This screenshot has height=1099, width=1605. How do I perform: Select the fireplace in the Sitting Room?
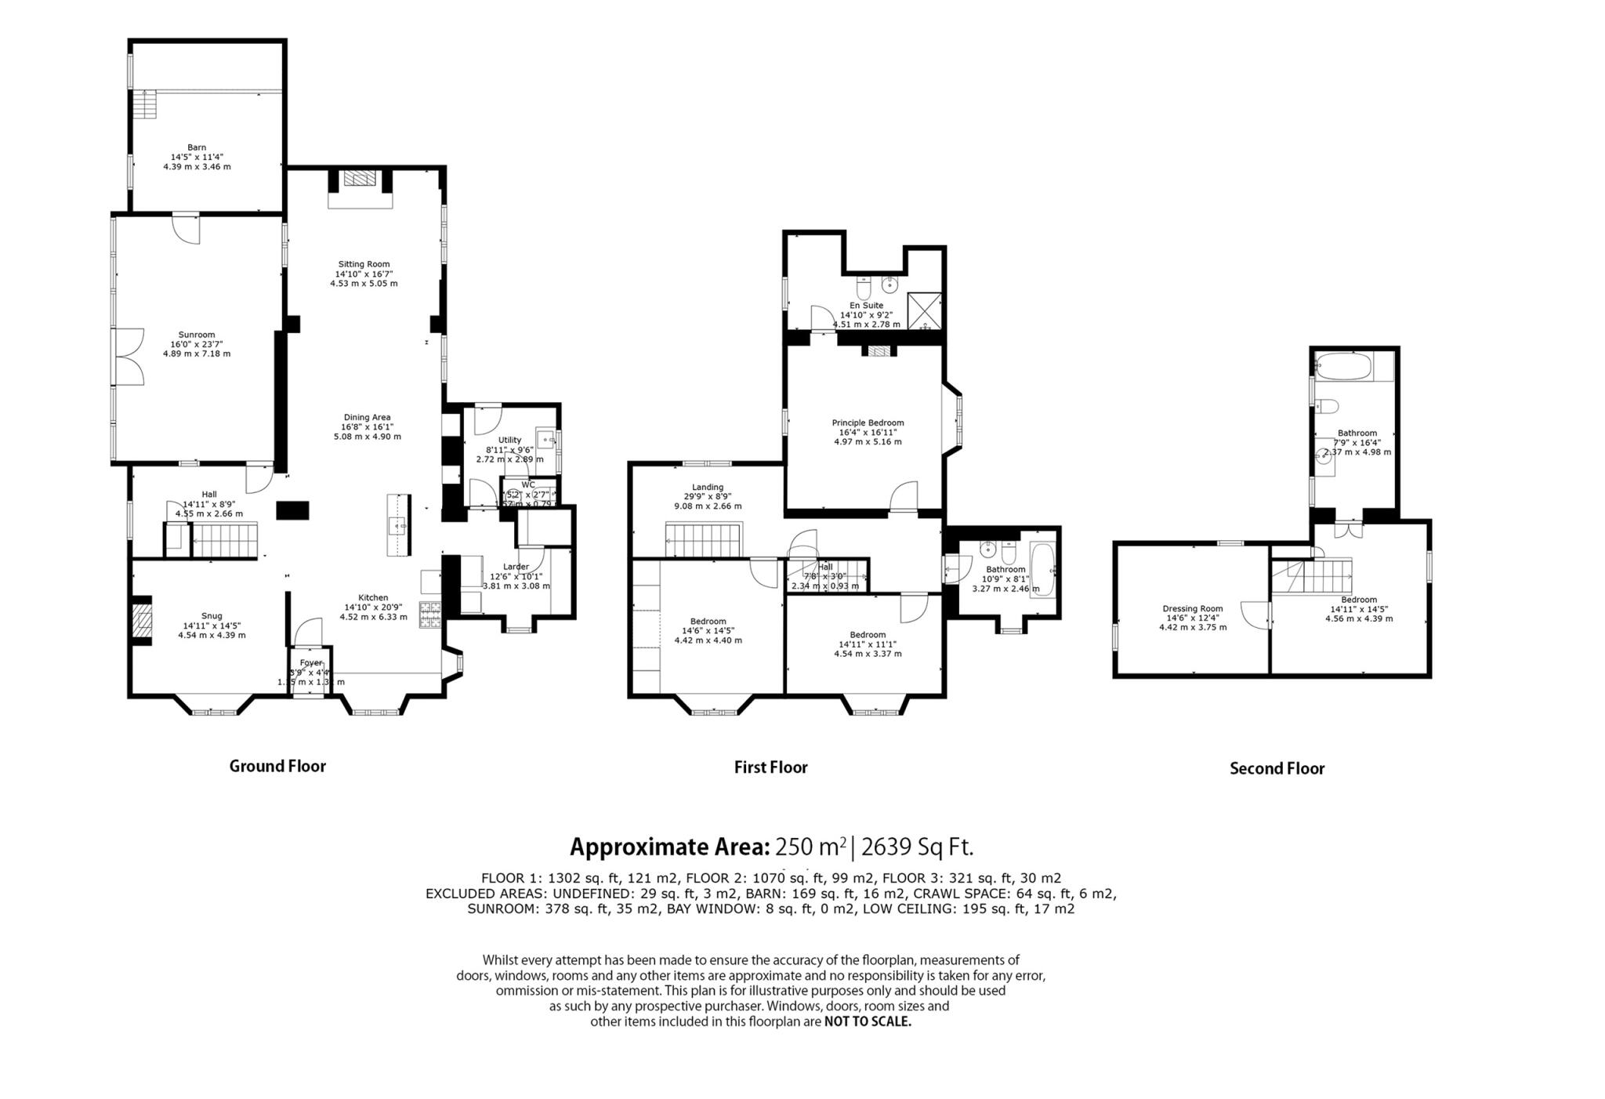[x=360, y=180]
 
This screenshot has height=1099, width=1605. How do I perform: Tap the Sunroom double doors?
[x=129, y=357]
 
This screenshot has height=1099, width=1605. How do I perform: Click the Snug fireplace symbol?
[x=141, y=620]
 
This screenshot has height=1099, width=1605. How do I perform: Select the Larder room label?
[x=516, y=567]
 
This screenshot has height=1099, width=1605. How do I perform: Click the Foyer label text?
[x=311, y=663]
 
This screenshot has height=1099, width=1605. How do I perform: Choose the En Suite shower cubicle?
[x=924, y=310]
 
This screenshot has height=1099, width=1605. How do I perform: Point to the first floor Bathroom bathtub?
[x=1042, y=570]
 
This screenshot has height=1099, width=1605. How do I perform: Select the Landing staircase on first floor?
[x=703, y=540]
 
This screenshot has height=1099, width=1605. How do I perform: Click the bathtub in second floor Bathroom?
[x=1343, y=366]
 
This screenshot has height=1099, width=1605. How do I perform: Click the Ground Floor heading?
[x=277, y=767]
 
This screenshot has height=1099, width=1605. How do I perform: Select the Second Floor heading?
[x=1277, y=769]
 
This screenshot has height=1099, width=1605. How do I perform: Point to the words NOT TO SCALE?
[x=868, y=1022]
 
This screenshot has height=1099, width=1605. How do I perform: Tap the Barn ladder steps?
[x=144, y=103]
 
